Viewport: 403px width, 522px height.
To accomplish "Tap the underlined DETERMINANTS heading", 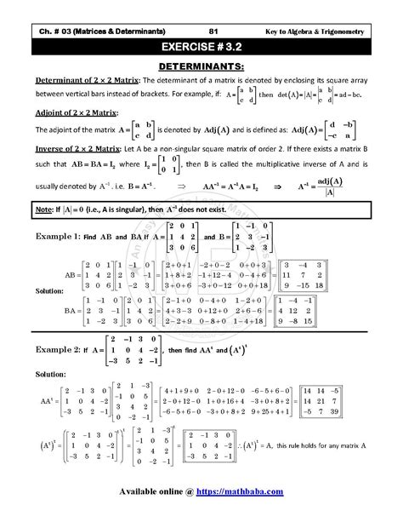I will point(201,65).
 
